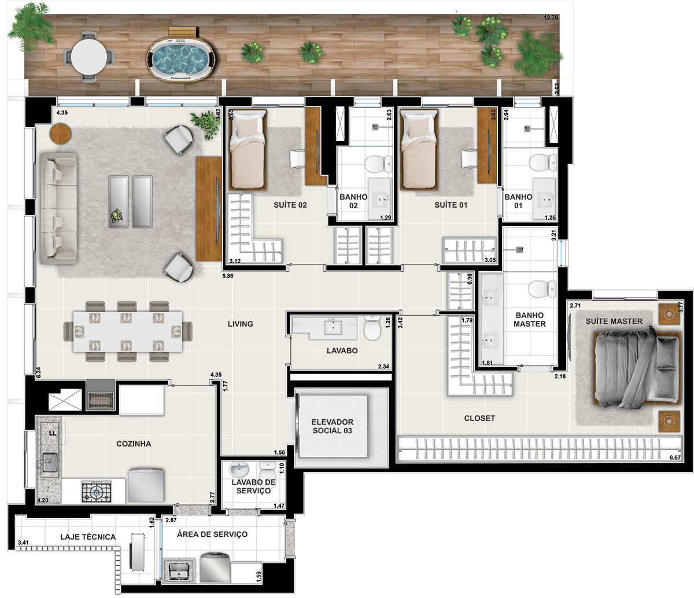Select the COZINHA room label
point(134,444)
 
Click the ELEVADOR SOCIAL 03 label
point(333,426)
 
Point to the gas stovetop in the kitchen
point(97,491)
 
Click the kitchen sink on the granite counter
point(50,462)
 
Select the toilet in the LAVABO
point(372,327)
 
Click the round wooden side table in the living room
point(60,134)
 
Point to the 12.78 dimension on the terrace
point(551,17)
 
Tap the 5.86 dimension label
point(228,276)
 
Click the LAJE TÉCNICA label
point(88,537)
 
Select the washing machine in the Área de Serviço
point(215,567)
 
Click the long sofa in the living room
point(59,208)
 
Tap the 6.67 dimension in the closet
point(675,457)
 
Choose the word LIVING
point(241,324)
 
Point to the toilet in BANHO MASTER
point(542,289)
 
